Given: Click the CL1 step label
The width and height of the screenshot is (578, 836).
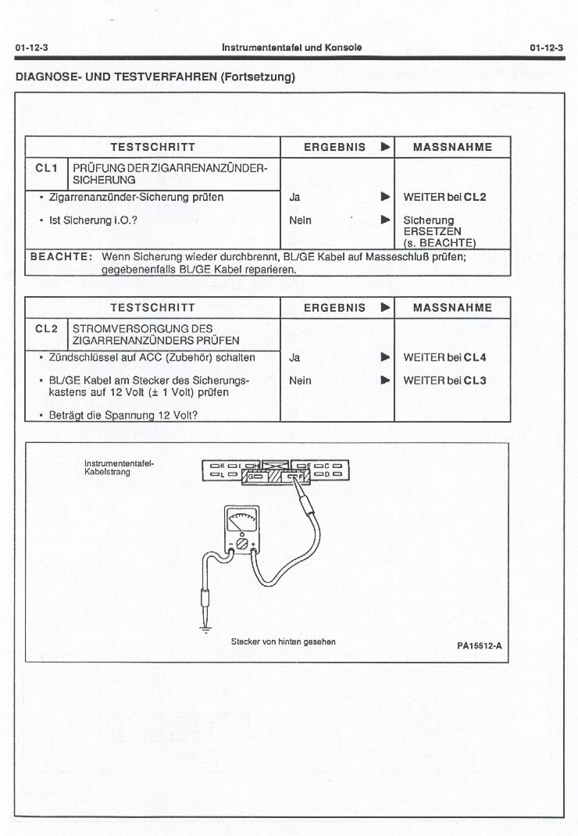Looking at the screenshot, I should coord(47,167).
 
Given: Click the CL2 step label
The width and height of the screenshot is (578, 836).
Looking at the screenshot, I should coord(47,328).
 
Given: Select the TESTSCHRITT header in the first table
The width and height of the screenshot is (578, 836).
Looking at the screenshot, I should coord(152,147).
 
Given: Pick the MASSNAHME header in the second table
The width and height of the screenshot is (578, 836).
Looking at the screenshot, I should coord(452,308).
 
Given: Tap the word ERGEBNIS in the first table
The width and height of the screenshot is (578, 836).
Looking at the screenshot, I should coord(334,147).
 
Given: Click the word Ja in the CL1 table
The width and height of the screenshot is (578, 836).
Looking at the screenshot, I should coord(294,198).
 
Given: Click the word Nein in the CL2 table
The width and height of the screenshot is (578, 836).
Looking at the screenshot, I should coord(300,380).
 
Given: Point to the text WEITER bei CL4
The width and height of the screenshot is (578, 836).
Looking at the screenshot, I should coord(444,358).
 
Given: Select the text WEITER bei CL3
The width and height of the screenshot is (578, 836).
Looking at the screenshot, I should coord(444,380).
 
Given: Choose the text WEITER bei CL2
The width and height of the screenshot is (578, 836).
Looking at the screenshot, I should coord(444,198).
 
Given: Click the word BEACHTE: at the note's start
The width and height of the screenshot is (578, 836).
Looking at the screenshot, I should coord(61,256).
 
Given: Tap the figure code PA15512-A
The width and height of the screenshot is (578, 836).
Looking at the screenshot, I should coord(479,646).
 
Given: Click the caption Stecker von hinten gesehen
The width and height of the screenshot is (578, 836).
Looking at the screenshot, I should coord(283,641).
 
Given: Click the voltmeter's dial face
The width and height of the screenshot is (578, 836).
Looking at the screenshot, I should coord(242,519).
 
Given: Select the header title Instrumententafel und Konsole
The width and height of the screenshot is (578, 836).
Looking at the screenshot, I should coord(291,48).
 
